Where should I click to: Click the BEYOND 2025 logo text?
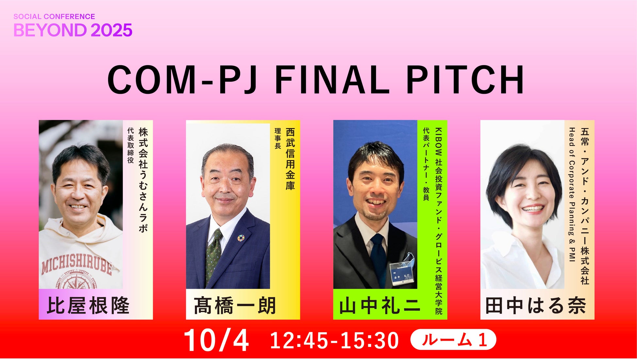click(x=73, y=30)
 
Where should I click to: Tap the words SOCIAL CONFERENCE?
click(x=54, y=16)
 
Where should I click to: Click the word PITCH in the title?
click(x=465, y=79)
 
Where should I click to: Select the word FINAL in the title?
click(x=332, y=79)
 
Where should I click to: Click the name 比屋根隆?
click(x=88, y=305)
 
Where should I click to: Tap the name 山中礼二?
click(x=380, y=305)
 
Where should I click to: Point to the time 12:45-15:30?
click(x=335, y=341)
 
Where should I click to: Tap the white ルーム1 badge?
click(x=453, y=340)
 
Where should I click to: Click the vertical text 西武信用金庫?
click(x=290, y=159)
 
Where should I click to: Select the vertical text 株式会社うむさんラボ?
click(x=143, y=180)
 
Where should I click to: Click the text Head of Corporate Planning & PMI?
click(x=572, y=195)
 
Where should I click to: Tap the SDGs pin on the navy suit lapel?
click(x=241, y=238)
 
